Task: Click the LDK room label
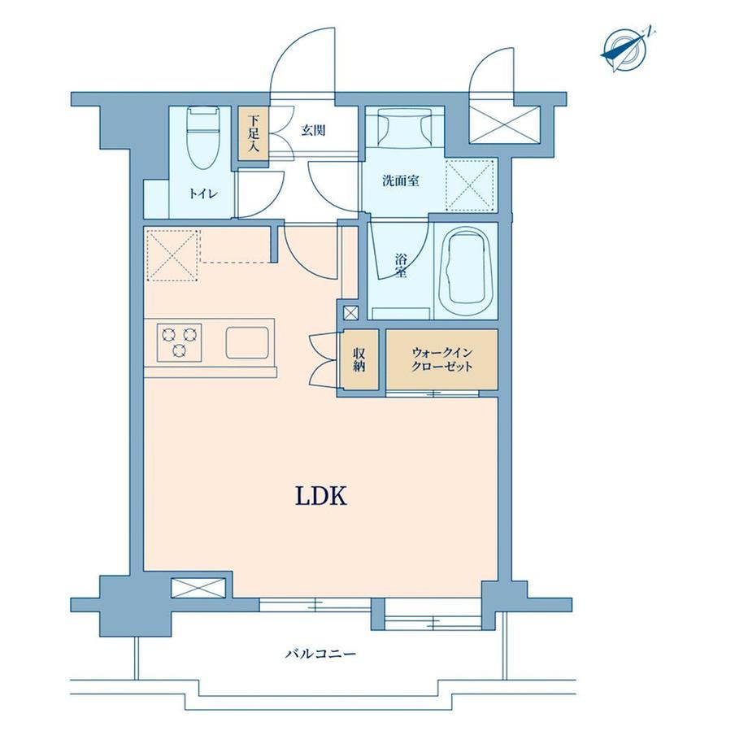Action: tap(320, 496)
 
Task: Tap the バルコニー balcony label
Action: tap(320, 653)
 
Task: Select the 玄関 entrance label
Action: tap(313, 130)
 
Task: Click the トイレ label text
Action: tap(204, 194)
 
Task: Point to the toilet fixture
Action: tap(204, 137)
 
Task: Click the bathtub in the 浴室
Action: tap(465, 271)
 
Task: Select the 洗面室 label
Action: tap(401, 180)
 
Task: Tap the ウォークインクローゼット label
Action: tap(441, 359)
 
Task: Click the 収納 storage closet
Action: tap(359, 359)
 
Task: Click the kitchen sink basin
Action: tap(247, 342)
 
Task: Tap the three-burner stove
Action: tap(179, 342)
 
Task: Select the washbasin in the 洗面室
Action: tap(405, 127)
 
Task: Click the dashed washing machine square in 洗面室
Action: tap(469, 185)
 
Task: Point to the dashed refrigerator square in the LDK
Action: tap(172, 255)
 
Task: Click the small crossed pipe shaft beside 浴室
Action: tap(350, 313)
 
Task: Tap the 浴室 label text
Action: tap(401, 266)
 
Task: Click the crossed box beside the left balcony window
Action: tap(198, 587)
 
